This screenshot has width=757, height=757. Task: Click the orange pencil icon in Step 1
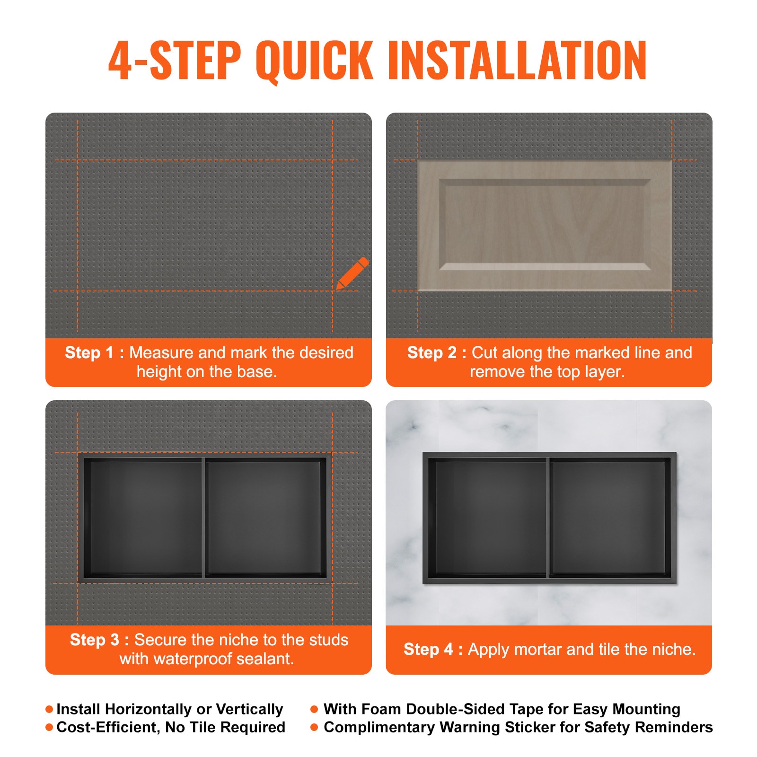point(352,273)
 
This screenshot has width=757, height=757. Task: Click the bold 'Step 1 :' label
point(94,352)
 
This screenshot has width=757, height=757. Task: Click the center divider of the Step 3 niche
point(203,517)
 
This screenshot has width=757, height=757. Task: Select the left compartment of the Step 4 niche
point(490,517)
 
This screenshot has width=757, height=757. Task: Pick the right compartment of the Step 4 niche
point(608,517)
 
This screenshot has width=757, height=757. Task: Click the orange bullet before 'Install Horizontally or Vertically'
point(49,709)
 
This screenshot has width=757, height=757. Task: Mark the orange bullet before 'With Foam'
point(314,709)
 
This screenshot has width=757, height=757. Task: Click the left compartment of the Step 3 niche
point(144,517)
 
